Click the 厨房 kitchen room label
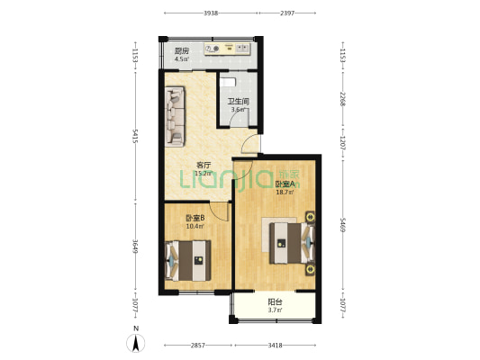(182, 50)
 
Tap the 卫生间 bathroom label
(238, 101)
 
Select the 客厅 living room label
(204, 166)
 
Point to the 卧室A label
(285, 184)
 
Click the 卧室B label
(195, 218)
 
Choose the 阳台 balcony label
(275, 302)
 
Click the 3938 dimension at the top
(211, 13)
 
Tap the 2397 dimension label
(287, 13)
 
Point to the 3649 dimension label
(135, 247)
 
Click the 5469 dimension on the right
(343, 225)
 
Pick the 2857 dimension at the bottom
(198, 346)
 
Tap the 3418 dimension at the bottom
(275, 346)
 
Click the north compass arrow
(136, 343)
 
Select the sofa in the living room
(175, 116)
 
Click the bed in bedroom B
(187, 261)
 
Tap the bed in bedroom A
(293, 243)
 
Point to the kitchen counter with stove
(228, 49)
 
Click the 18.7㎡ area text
(285, 193)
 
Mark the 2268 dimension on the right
(343, 99)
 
